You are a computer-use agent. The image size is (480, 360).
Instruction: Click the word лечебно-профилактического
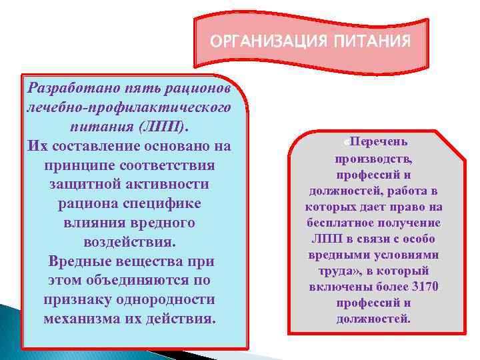coord(127,107)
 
